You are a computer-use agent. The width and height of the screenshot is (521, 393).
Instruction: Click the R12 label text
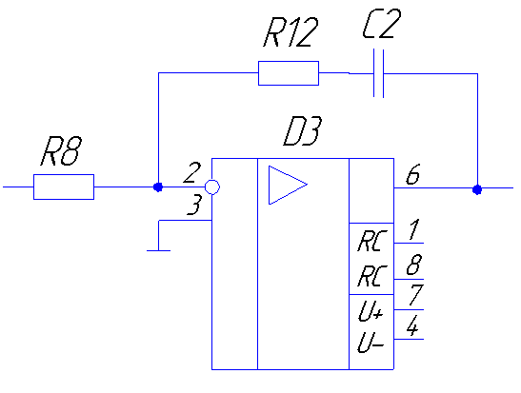[x=291, y=31]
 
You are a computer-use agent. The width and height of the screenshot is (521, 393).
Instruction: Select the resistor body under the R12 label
[x=289, y=73]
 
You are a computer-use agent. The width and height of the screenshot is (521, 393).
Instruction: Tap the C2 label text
[x=381, y=23]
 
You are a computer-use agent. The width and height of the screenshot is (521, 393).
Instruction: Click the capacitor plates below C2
[x=378, y=73]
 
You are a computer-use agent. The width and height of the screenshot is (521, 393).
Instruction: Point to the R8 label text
[x=61, y=151]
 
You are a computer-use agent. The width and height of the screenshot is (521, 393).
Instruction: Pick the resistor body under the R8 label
[x=64, y=187]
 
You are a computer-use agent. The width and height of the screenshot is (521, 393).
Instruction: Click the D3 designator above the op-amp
[x=302, y=131]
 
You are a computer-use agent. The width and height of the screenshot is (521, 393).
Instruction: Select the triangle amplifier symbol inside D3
[x=288, y=185]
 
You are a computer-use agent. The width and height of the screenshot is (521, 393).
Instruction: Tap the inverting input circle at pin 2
[x=212, y=187]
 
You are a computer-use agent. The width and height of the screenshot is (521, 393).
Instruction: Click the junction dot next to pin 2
[x=158, y=187]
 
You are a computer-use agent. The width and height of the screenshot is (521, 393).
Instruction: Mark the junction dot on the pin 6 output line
[x=477, y=189]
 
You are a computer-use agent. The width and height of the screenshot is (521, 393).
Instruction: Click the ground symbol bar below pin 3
[x=158, y=250]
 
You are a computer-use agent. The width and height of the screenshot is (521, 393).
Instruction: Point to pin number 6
[x=413, y=174]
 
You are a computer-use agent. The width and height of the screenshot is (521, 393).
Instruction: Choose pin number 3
[x=194, y=205]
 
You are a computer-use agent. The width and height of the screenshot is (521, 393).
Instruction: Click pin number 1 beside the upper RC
[x=413, y=229]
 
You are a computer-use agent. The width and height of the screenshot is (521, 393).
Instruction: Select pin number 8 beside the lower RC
[x=414, y=265]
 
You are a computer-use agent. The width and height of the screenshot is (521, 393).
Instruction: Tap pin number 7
[x=415, y=294]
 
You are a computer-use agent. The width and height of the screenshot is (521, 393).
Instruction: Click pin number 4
[x=412, y=325]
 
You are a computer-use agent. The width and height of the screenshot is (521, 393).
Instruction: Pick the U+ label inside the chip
[x=371, y=312]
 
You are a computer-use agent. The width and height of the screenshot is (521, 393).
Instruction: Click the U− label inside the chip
[x=371, y=343]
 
